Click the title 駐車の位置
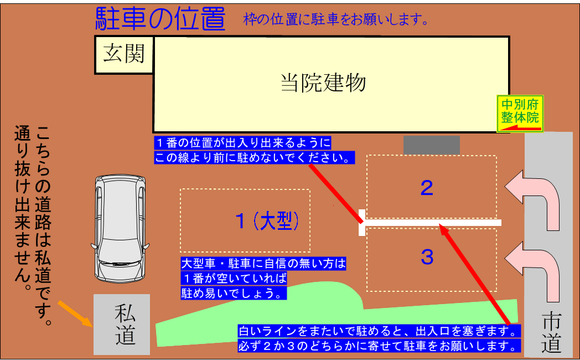click(x=160, y=18)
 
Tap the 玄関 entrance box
click(x=124, y=54)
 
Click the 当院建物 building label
click(x=323, y=83)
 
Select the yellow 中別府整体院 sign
click(x=520, y=114)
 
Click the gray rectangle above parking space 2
click(x=431, y=145)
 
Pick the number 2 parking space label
click(x=427, y=188)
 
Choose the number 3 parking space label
click(x=427, y=257)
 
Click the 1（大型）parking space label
click(x=267, y=221)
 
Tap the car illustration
click(x=120, y=229)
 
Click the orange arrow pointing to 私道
click(x=75, y=313)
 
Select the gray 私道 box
click(x=122, y=325)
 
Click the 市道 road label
click(x=551, y=332)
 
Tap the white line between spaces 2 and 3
click(x=430, y=223)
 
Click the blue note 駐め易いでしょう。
click(x=234, y=293)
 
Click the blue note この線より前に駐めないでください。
click(x=255, y=157)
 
